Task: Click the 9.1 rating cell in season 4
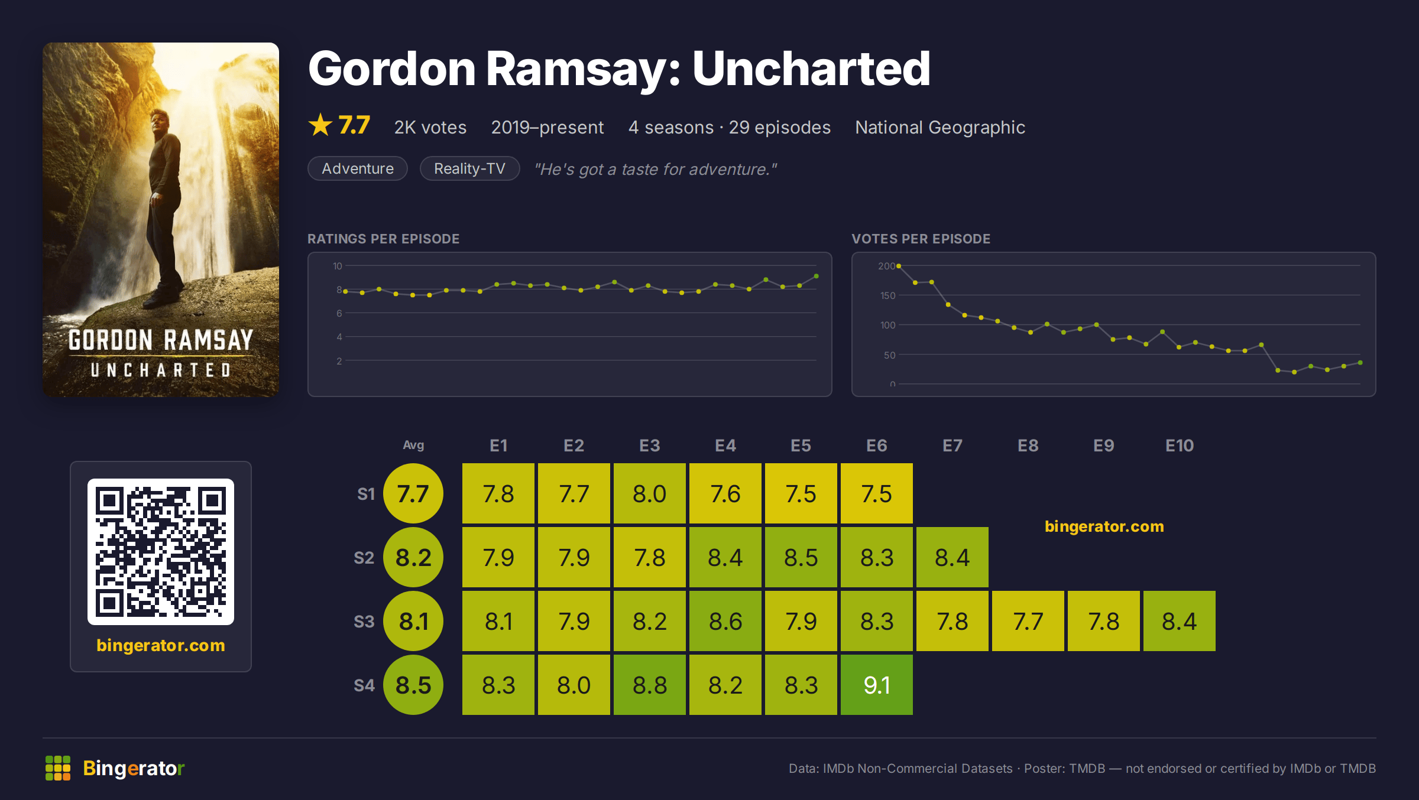[876, 685]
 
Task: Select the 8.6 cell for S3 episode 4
[725, 621]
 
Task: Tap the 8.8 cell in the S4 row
[649, 685]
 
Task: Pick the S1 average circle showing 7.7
[413, 493]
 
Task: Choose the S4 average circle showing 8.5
[413, 685]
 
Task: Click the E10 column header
[1179, 445]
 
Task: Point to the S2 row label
[364, 558]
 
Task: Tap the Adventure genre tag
[358, 168]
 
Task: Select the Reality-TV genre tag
[469, 168]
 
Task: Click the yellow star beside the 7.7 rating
[320, 125]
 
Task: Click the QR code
[161, 552]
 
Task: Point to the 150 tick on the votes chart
[887, 295]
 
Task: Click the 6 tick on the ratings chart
[339, 313]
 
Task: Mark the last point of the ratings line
[817, 276]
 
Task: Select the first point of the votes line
[899, 266]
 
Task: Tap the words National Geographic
[940, 127]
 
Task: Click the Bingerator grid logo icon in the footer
[58, 768]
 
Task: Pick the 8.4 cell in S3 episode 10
[1179, 621]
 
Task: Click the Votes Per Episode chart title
[921, 239]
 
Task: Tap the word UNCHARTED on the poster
[161, 370]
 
